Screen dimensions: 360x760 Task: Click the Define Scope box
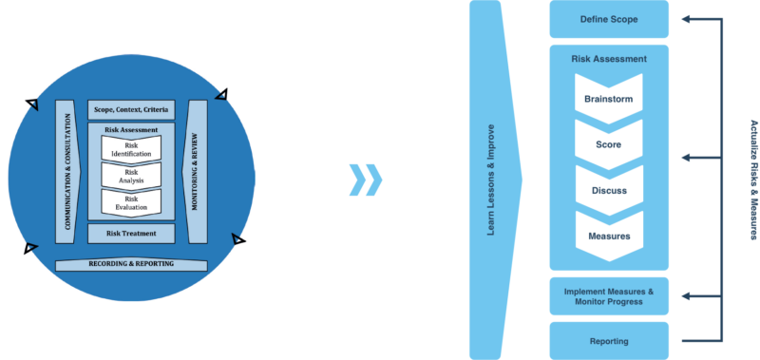[609, 19]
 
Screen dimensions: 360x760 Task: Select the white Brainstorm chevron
[609, 99]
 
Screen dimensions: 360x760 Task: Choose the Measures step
[609, 236]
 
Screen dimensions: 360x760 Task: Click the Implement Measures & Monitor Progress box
[609, 295]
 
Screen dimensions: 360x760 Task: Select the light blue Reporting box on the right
[609, 340]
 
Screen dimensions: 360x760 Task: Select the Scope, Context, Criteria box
[131, 110]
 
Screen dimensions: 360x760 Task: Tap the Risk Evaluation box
[131, 201]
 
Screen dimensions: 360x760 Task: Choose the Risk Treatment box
[131, 233]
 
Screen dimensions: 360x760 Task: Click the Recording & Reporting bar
[131, 263]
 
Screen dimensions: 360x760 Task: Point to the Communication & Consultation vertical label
[67, 171]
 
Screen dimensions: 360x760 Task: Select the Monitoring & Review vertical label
[195, 171]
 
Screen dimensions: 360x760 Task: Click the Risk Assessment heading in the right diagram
[609, 59]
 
